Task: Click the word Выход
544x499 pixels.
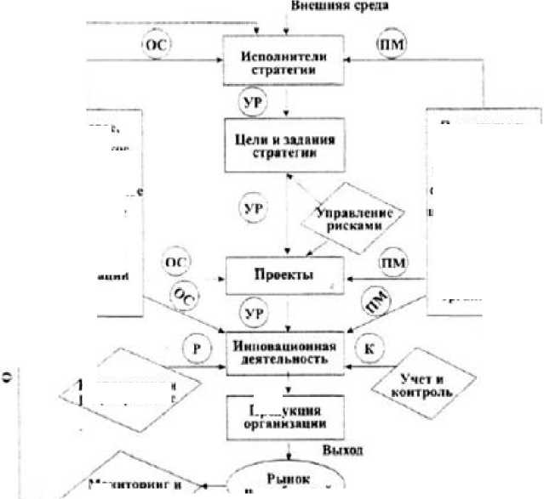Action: coord(337,450)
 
